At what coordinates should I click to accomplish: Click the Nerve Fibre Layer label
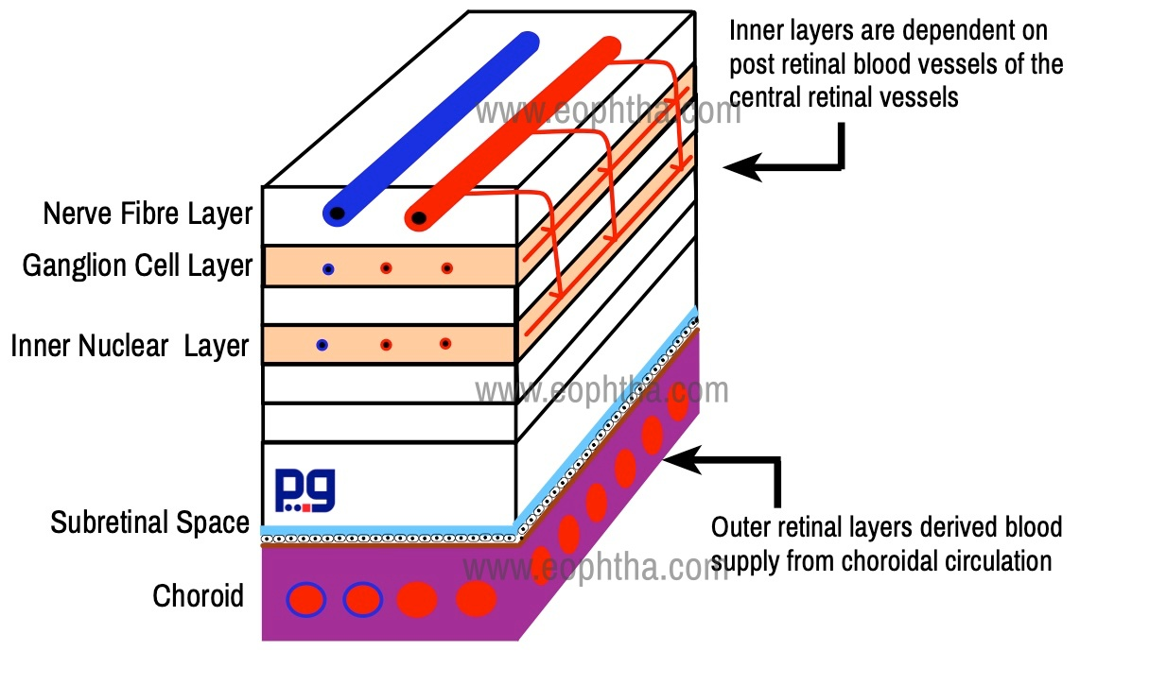(x=148, y=214)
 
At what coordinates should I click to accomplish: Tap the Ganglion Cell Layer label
(x=137, y=265)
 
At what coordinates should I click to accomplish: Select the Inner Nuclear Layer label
(x=130, y=346)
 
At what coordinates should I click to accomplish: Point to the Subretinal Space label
(x=150, y=522)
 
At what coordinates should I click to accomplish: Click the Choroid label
(x=198, y=595)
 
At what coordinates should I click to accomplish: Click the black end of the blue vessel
(x=337, y=214)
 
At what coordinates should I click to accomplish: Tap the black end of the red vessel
(x=419, y=218)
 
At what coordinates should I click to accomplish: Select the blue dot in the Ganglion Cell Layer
(x=328, y=269)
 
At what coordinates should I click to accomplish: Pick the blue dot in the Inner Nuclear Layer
(x=322, y=345)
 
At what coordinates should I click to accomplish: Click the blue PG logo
(x=305, y=490)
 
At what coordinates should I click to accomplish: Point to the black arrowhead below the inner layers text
(x=743, y=167)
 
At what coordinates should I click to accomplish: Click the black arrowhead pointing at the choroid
(x=682, y=460)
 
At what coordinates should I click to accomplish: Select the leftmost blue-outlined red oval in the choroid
(x=306, y=600)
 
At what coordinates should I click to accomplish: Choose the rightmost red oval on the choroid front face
(x=477, y=599)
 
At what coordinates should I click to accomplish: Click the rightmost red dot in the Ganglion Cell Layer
(x=447, y=268)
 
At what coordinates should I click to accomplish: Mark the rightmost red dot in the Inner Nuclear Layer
(x=445, y=344)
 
